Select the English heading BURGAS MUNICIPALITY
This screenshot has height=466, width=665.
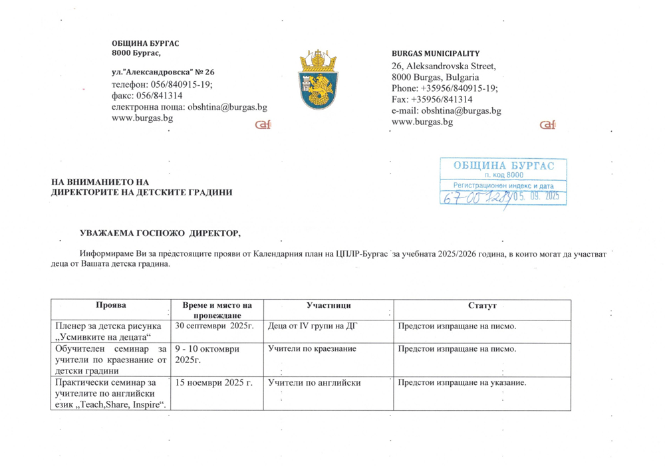tap(436, 53)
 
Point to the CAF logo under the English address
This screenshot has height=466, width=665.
tap(547, 126)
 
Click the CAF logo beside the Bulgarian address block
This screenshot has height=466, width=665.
tap(263, 126)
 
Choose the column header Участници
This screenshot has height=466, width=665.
tap(329, 304)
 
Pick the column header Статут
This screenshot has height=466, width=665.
tap(482, 304)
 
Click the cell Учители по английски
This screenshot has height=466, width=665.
tap(314, 383)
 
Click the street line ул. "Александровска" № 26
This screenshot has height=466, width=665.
tap(163, 72)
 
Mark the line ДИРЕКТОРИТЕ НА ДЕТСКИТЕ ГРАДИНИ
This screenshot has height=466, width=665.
tap(143, 192)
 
